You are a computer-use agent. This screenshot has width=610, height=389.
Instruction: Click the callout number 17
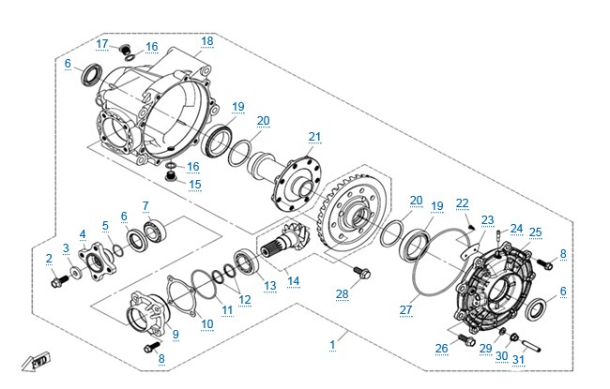coord(102,44)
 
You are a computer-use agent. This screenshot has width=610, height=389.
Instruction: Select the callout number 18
coord(207,41)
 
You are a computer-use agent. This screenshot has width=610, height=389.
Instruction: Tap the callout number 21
coord(314,137)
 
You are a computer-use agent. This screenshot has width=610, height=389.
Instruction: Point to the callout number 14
coord(294,281)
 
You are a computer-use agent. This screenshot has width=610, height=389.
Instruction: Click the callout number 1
coord(332,345)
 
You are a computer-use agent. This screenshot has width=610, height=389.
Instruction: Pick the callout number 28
coord(343,294)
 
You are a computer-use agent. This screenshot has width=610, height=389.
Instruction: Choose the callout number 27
coord(405,309)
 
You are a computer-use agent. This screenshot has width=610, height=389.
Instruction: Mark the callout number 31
coord(519,359)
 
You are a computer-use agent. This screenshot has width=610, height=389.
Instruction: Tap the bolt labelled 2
coord(60,281)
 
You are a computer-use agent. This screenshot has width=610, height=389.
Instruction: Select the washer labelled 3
coord(76,273)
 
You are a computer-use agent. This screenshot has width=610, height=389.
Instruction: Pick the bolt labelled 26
coord(466,340)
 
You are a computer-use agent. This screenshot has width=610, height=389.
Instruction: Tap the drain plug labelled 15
coord(171,177)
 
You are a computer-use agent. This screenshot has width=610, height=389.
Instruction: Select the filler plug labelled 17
coord(125,50)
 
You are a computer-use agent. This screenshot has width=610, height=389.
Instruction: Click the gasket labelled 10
coord(182,296)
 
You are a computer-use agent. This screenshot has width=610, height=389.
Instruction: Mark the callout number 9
coord(175,335)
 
